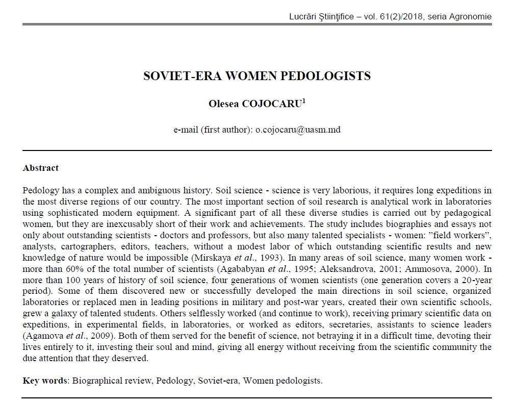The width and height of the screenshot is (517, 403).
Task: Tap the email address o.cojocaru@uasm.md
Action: pyautogui.click(x=298, y=130)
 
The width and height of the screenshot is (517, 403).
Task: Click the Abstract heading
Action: pyautogui.click(x=41, y=168)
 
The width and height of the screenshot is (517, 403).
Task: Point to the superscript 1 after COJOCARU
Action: pyautogui.click(x=304, y=100)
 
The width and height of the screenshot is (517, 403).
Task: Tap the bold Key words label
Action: pyautogui.click(x=45, y=381)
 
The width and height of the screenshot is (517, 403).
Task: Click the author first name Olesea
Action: pyautogui.click(x=224, y=104)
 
